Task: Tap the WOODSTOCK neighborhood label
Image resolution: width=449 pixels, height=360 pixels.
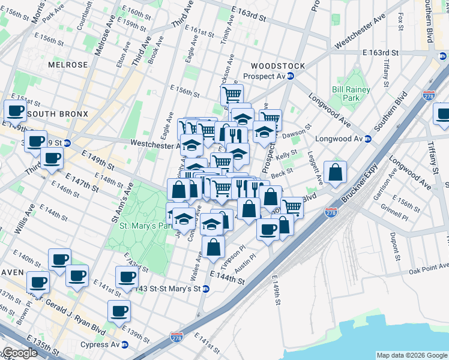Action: (278, 66)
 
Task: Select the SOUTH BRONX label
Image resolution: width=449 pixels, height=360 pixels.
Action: (58, 114)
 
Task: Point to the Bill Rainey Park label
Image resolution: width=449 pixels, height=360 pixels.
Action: (351, 94)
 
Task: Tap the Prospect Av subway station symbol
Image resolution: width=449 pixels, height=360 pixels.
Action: (291, 76)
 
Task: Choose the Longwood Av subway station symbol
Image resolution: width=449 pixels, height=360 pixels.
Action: (368, 139)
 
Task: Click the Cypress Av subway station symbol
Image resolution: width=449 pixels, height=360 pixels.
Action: (124, 345)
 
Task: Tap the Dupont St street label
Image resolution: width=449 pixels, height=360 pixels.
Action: (394, 243)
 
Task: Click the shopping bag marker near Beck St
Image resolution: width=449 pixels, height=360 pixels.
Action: (335, 172)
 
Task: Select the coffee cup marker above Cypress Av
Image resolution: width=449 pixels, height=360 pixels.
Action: (119, 310)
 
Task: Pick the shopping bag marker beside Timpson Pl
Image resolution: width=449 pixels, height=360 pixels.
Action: (213, 246)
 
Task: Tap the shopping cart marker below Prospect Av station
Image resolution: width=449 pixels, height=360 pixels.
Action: (232, 94)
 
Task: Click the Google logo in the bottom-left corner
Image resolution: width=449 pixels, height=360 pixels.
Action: (19, 353)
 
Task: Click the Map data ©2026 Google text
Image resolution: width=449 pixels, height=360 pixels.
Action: (412, 355)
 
